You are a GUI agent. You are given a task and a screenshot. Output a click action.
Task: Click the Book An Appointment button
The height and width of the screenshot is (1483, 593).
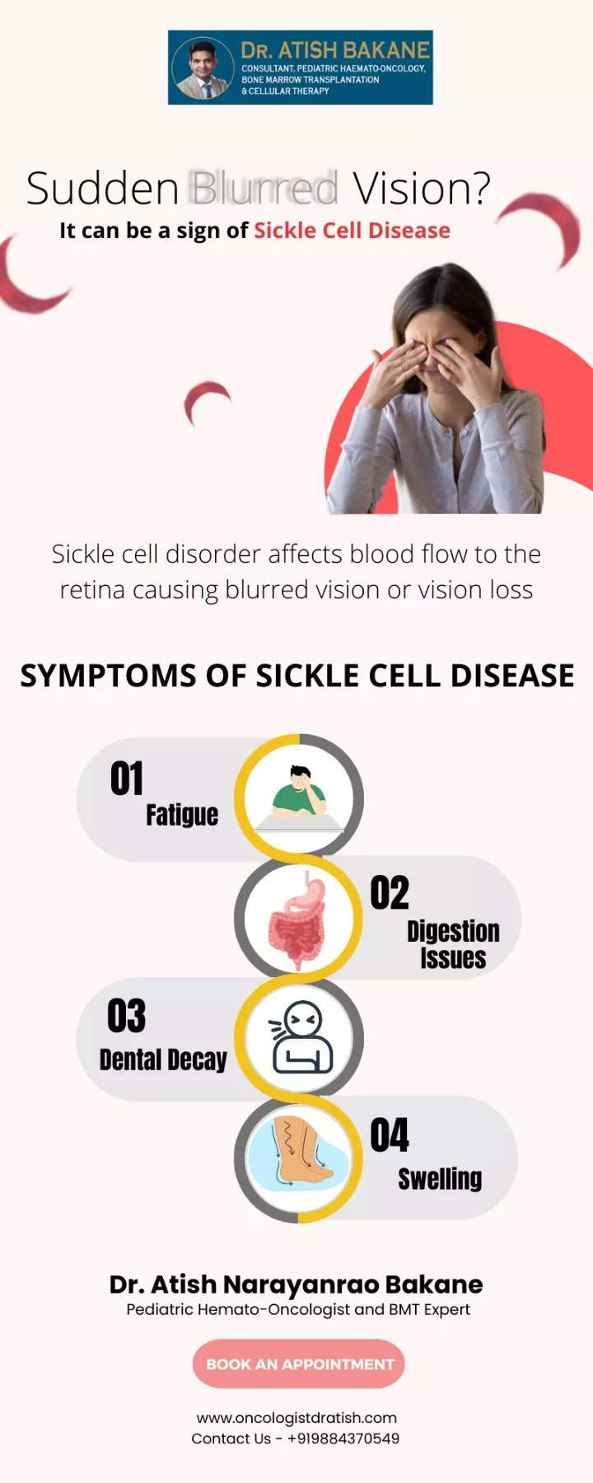point(298,1364)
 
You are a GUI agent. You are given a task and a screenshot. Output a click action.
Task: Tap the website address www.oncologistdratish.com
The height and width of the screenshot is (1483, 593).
point(296,1418)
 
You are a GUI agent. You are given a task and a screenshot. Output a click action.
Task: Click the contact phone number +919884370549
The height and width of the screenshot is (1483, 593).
point(343,1439)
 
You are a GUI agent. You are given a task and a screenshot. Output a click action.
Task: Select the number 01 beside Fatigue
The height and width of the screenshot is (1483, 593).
point(127,779)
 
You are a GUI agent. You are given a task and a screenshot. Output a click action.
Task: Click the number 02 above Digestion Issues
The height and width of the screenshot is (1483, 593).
point(390,893)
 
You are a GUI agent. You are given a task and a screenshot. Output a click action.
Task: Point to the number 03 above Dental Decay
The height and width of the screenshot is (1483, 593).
point(127,1016)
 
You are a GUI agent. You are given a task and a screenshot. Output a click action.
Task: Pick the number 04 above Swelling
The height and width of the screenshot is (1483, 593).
point(390,1135)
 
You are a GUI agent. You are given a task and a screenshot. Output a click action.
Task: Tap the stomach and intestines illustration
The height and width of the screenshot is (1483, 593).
point(298,919)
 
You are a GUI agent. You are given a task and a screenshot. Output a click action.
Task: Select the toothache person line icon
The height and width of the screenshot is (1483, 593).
point(301,1037)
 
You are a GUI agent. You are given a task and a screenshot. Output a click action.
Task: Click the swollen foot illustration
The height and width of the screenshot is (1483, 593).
point(301,1158)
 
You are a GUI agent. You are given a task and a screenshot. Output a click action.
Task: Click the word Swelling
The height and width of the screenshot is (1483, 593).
point(440,1179)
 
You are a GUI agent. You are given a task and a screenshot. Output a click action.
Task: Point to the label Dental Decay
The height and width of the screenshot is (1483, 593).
point(163,1060)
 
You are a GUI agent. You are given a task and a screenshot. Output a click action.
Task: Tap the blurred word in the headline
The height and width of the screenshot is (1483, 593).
point(264,188)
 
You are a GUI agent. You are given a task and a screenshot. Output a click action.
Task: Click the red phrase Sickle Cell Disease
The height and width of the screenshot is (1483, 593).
point(353,231)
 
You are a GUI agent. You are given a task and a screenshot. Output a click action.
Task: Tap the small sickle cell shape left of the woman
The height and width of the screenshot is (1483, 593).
point(206,400)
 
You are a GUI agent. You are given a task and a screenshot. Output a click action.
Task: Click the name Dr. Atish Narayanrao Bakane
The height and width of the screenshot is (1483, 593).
point(296,1284)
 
